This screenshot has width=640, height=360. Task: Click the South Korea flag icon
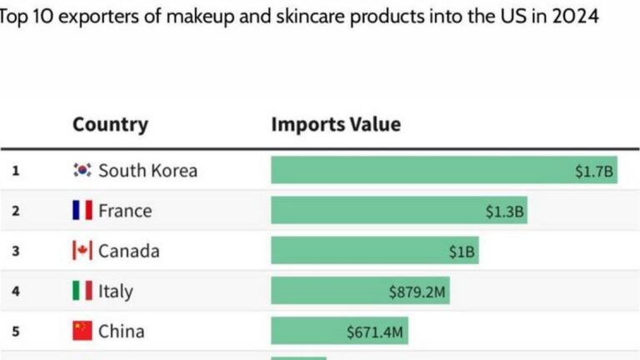(82, 171)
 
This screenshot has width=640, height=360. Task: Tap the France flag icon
(82, 211)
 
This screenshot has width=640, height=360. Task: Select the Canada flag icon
(82, 251)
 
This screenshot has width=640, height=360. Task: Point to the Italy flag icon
(82, 291)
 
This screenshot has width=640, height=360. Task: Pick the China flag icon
(82, 331)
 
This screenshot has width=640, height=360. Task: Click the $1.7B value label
(594, 171)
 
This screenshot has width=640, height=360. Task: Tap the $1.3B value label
(505, 212)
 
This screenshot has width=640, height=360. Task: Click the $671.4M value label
(375, 332)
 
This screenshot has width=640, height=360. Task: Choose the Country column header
(110, 125)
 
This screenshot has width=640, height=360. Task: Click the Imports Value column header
(336, 125)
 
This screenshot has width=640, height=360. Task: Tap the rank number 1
(15, 171)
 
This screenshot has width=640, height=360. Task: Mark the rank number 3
(15, 251)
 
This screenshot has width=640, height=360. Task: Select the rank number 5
(15, 331)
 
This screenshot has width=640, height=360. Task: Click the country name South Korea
(147, 171)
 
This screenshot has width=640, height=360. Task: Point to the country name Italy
(115, 291)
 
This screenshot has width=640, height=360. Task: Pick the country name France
(125, 211)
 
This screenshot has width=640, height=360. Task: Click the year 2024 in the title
(572, 17)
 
